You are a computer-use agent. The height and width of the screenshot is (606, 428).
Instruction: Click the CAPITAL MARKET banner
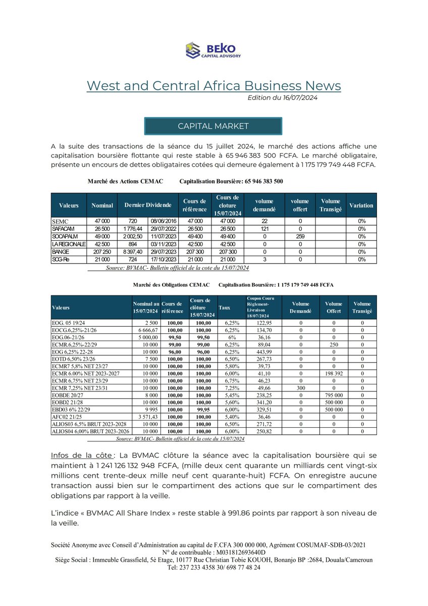pyautogui.click(x=213, y=126)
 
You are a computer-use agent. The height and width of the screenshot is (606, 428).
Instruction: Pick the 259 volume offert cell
pyautogui.click(x=300, y=236)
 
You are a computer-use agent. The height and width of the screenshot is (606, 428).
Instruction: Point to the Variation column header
pyautogui.click(x=361, y=206)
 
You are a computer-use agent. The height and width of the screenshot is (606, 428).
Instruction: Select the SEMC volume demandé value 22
pyautogui.click(x=264, y=221)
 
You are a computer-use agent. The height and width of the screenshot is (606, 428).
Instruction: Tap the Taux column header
pyautogui.click(x=224, y=307)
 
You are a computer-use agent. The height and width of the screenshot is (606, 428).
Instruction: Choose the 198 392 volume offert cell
pyautogui.click(x=334, y=373)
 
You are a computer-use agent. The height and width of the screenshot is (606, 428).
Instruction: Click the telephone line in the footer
pyautogui.click(x=213, y=567)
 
